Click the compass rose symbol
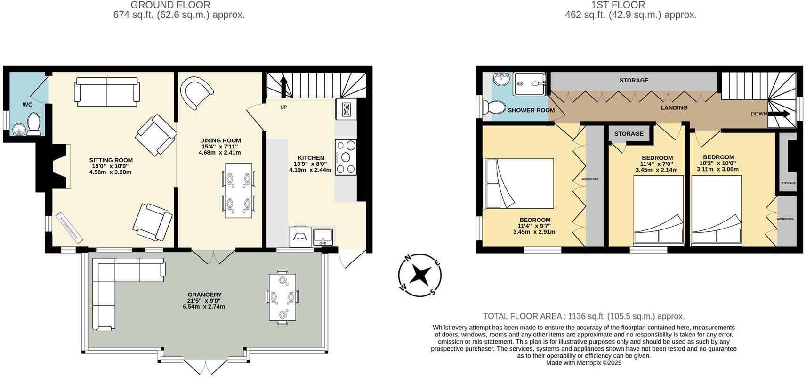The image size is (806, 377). (419, 275)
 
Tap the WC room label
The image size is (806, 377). (27, 105)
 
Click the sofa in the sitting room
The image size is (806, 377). (107, 92)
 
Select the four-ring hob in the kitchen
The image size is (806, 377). (346, 157)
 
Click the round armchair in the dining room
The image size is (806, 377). (196, 92)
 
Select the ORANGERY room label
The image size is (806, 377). (204, 295)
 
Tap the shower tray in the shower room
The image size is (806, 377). (529, 84)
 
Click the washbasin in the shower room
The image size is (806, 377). (502, 80)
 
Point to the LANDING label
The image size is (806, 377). (674, 107)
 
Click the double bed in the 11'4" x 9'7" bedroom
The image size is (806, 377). (520, 184)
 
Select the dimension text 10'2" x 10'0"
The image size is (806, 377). (718, 164)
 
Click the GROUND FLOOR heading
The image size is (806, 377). (170, 5)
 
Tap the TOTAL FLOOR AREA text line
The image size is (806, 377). (583, 316)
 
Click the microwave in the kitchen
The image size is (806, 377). (346, 109)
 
